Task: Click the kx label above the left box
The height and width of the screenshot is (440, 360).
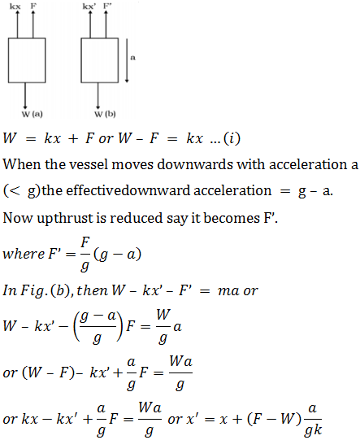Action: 15,7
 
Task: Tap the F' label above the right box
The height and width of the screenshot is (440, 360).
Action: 107,6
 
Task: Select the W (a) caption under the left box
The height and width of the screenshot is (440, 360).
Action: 33,114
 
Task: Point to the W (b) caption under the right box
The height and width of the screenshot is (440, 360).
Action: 105,114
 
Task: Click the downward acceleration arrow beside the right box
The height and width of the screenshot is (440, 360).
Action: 127,60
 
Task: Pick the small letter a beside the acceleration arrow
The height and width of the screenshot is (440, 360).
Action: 133,58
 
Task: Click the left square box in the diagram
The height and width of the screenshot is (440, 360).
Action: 27,38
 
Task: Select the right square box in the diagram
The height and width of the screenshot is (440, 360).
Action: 99,38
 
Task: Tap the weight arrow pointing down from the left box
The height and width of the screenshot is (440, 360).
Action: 25,96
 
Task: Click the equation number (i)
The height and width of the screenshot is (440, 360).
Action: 232,138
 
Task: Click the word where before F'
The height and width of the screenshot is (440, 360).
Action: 24,254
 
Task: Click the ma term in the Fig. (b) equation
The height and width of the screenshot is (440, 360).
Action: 228,291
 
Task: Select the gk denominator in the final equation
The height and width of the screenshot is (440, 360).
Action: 314,429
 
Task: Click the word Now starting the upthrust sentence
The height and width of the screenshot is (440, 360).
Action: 18,218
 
